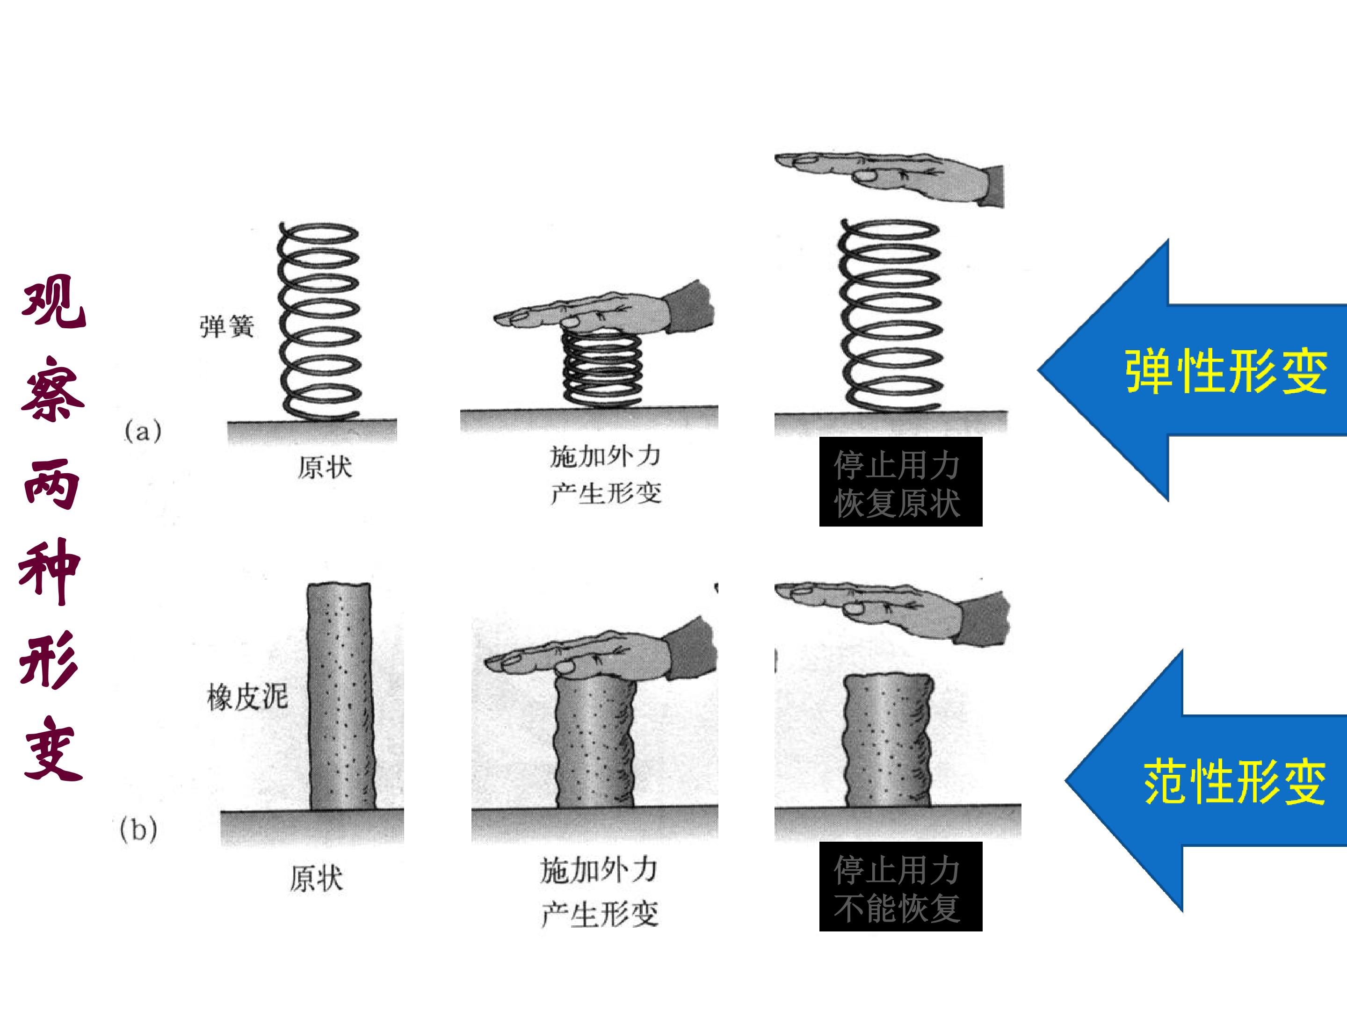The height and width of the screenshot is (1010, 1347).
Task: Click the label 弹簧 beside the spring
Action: [x=226, y=327]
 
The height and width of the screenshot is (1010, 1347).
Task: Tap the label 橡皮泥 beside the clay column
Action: [x=247, y=696]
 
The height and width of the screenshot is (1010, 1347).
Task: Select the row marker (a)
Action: [x=143, y=432]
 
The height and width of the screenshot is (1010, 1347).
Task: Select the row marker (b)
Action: [x=139, y=829]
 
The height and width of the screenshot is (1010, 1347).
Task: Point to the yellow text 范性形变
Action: [x=1235, y=783]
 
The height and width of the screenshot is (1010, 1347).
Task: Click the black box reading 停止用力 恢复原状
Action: [x=901, y=482]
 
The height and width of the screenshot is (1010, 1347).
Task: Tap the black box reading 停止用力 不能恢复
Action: [x=901, y=887]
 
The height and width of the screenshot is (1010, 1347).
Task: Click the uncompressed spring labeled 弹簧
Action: [x=319, y=321]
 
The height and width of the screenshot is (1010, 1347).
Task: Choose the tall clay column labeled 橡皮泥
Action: [x=340, y=696]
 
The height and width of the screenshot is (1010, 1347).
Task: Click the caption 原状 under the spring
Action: [x=325, y=468]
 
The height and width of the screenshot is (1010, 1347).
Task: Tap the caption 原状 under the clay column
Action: [x=316, y=879]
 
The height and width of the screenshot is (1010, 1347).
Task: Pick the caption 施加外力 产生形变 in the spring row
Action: [x=605, y=475]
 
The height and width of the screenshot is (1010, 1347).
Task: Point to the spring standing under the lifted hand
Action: [x=891, y=315]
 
